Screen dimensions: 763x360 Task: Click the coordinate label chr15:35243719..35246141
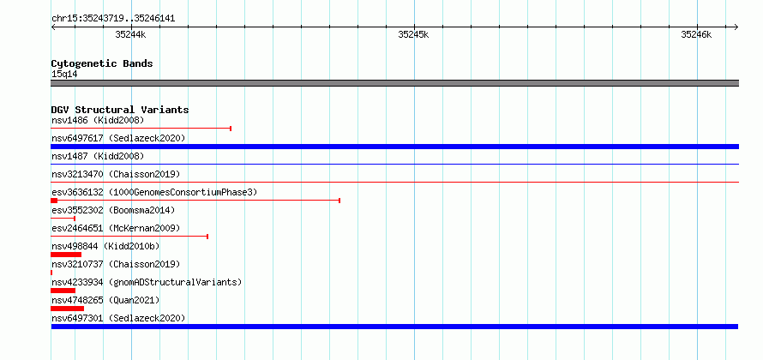click(x=113, y=19)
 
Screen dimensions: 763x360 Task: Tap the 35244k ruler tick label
click(x=130, y=34)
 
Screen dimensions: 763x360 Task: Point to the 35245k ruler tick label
click(x=413, y=34)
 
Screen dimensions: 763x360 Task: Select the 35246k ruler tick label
click(x=696, y=34)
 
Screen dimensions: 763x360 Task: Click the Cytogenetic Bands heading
click(x=102, y=63)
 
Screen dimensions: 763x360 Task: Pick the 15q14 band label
click(x=64, y=74)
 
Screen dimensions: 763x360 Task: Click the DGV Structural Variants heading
click(x=120, y=110)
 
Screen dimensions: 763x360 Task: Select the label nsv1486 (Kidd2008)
click(x=98, y=120)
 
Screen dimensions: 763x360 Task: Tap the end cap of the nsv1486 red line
click(x=230, y=129)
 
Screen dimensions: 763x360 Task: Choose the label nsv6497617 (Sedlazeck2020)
click(x=118, y=138)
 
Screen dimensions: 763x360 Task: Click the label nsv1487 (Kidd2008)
click(x=98, y=156)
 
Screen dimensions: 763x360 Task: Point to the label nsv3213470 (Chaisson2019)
click(x=116, y=174)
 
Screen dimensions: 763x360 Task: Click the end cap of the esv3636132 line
click(x=339, y=201)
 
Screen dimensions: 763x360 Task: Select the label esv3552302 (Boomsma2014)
click(x=113, y=210)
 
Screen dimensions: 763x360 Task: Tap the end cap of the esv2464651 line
click(x=207, y=237)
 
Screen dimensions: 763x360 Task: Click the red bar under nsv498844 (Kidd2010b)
click(x=66, y=255)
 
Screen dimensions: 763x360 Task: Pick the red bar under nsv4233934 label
click(x=63, y=291)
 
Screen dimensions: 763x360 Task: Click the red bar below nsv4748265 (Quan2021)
click(x=67, y=309)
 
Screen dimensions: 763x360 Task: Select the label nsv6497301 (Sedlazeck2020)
click(x=118, y=318)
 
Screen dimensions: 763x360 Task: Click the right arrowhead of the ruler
click(x=736, y=27)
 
